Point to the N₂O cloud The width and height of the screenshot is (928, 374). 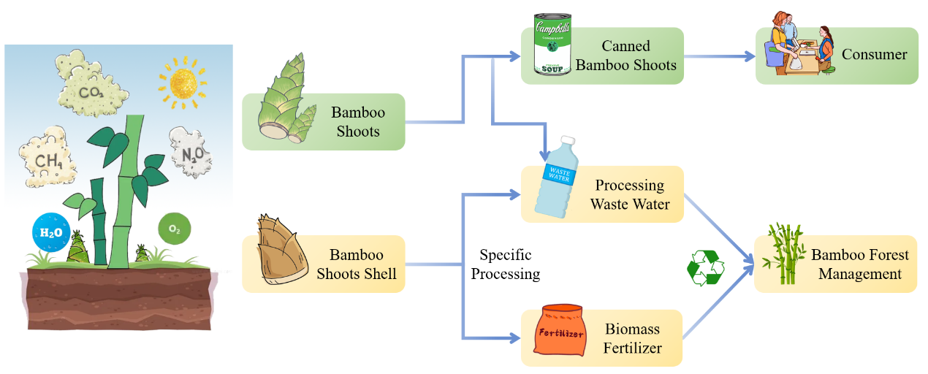click(191, 153)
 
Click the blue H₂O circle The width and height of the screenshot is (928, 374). click(51, 232)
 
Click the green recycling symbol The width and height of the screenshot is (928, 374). click(706, 267)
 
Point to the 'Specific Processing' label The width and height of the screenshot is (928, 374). click(505, 264)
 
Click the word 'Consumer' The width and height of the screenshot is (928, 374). click(874, 55)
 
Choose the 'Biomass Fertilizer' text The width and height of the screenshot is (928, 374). click(633, 338)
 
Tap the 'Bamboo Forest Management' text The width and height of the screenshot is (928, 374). click(860, 264)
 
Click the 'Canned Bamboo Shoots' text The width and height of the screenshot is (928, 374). click(626, 56)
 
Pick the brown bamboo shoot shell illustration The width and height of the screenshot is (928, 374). click(280, 249)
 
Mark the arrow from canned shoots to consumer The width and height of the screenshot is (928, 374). click(719, 56)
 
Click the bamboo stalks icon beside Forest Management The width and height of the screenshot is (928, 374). click(784, 255)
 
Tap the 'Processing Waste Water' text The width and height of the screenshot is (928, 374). click(630, 194)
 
